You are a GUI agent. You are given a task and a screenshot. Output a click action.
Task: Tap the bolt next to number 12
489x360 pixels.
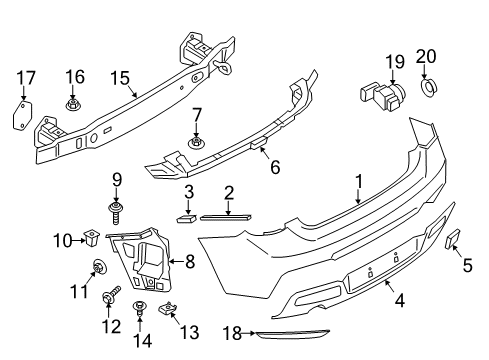pos(108,297)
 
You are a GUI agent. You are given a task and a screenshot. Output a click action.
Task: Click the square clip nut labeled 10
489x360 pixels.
pos(92,239)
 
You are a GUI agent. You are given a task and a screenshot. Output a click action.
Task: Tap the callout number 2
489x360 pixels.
pos(229,192)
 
